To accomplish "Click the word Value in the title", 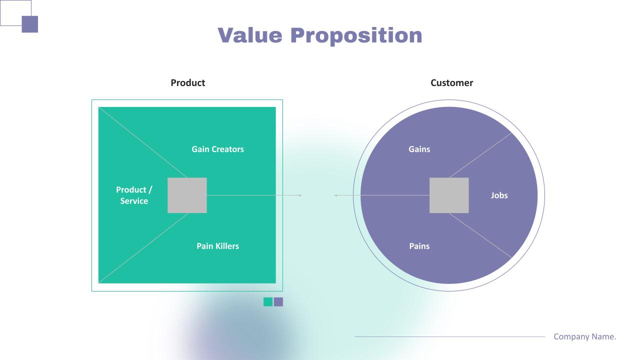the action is click(250, 35).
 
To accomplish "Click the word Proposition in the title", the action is click(356, 36).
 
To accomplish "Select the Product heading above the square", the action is click(187, 83).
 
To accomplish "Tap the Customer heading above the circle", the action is click(451, 83).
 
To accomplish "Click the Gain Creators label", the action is click(217, 149).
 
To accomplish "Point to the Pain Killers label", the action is click(217, 246).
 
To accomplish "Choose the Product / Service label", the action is click(134, 195).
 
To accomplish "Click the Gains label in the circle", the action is click(419, 149).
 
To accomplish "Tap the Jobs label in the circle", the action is click(499, 195).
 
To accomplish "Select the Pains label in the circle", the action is click(419, 246).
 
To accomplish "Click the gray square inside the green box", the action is click(187, 195).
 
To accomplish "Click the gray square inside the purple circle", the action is click(449, 195).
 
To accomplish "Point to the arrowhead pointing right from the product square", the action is click(300, 195).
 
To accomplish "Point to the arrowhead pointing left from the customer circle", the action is click(335, 195).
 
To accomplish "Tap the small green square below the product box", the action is click(268, 301).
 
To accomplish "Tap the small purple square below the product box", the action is click(278, 301).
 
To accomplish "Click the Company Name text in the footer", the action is click(585, 336).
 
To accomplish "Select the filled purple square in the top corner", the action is click(30, 24).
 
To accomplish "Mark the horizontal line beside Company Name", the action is click(449, 337).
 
